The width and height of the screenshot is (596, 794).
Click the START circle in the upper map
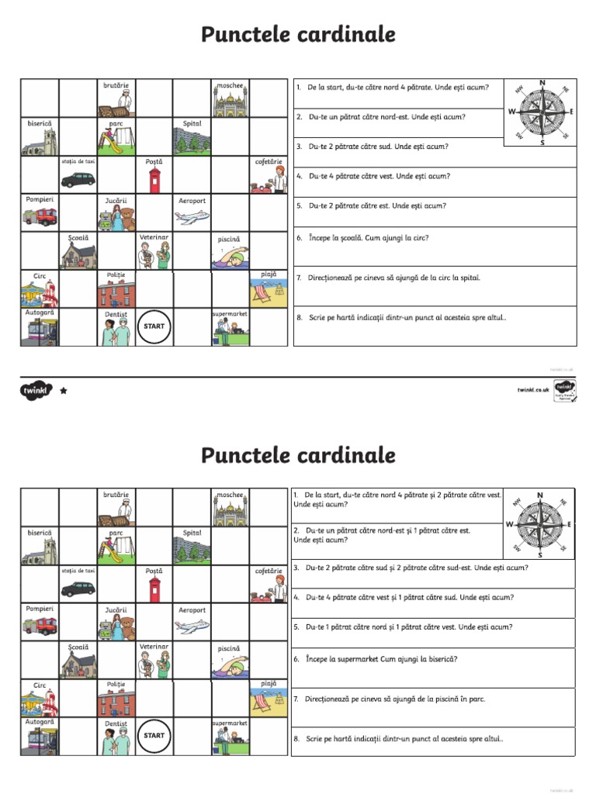pyautogui.click(x=154, y=326)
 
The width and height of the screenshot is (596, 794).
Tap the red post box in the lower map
pyautogui.click(x=154, y=589)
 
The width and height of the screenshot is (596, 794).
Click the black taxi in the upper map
pyautogui.click(x=78, y=179)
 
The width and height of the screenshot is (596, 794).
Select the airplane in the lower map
pyautogui.click(x=192, y=626)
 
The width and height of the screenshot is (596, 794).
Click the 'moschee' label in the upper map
pyautogui.click(x=230, y=85)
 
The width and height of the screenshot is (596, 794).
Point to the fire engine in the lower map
pyautogui.click(x=40, y=625)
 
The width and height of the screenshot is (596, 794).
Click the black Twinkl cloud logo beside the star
pyautogui.click(x=36, y=391)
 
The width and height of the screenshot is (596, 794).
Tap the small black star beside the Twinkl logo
pyautogui.click(x=64, y=391)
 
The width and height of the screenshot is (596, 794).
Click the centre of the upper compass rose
pyautogui.click(x=542, y=112)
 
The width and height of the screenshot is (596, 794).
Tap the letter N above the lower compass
pyautogui.click(x=540, y=495)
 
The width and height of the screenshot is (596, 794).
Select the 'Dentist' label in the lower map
pyautogui.click(x=116, y=723)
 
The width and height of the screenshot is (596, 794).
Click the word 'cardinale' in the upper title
pyautogui.click(x=346, y=35)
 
